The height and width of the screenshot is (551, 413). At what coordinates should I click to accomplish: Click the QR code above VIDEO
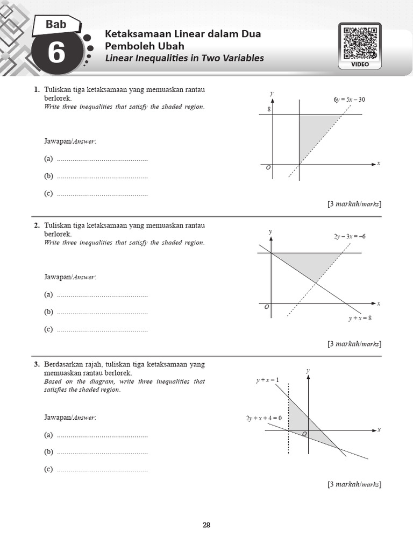pos(360,43)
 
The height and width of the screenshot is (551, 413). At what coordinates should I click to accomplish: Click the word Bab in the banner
pos(56,24)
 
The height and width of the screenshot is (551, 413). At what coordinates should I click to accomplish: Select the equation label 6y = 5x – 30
pos(349,100)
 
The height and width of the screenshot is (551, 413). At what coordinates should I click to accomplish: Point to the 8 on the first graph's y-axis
pos(269,110)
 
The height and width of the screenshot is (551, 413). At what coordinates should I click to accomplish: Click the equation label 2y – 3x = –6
pos(350,236)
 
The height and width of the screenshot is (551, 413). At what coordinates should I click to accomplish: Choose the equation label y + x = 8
pos(360,318)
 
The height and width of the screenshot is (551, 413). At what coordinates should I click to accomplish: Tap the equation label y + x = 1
pos(268,380)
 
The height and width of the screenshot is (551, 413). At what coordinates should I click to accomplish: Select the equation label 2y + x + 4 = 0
pos(264,418)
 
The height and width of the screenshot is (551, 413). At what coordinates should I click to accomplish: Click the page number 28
pos(206,525)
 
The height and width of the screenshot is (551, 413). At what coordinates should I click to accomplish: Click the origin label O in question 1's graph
pos(269,168)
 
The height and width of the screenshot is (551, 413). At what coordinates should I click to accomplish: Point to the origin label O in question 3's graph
pos(304,434)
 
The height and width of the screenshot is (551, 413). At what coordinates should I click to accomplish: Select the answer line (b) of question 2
pos(102,312)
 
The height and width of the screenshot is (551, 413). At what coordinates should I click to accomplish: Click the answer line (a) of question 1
pos(102,159)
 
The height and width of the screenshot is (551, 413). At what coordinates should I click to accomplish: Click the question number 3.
pos(37,365)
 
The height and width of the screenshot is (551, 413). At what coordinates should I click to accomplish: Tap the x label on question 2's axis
pos(379,303)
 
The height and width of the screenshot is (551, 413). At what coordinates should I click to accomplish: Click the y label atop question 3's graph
pos(308,371)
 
